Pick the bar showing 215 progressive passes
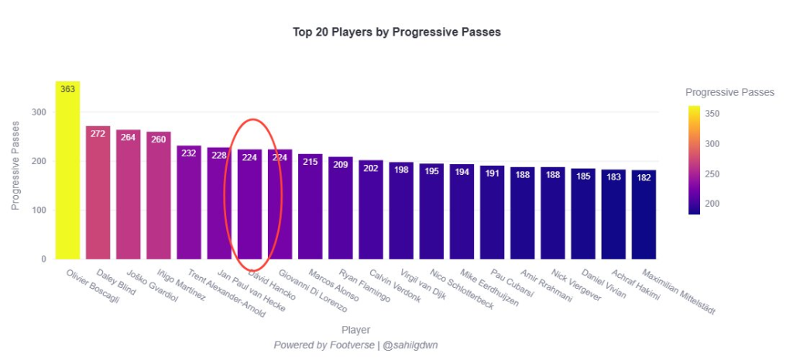click(310, 209)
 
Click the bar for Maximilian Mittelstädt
click(644, 217)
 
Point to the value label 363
click(67, 89)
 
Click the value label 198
click(401, 170)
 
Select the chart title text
click(396, 33)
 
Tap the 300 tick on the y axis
click(39, 112)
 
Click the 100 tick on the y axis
click(39, 210)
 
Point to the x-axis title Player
click(355, 330)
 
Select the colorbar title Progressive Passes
click(729, 92)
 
